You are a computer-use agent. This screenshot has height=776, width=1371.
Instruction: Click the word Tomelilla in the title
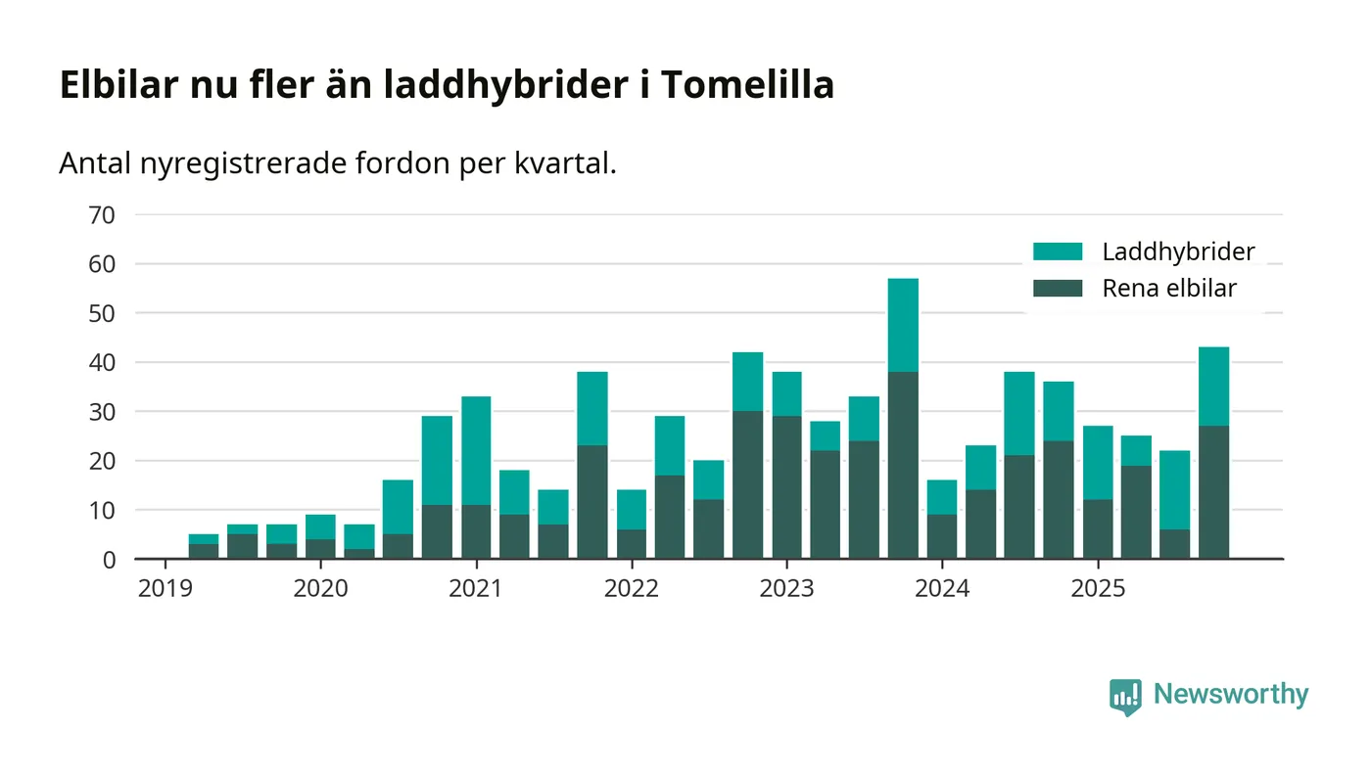[746, 85]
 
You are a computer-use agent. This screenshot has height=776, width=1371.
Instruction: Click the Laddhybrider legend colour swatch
[1058, 251]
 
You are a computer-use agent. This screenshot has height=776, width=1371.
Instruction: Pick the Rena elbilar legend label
[1169, 289]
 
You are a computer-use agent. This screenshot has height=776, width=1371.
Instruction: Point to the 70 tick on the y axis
[102, 214]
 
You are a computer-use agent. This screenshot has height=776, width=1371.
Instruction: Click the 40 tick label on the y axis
[102, 362]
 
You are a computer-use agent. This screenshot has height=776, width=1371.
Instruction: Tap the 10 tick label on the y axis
[102, 510]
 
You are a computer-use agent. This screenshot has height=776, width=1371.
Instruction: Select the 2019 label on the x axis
[165, 589]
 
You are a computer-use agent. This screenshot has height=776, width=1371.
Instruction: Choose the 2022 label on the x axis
[632, 589]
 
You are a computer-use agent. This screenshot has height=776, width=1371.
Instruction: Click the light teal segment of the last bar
[1213, 387]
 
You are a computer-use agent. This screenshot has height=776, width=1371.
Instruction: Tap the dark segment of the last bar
[1213, 492]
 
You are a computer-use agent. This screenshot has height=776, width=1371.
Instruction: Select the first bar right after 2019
[204, 546]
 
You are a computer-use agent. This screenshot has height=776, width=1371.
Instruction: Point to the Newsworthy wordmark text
[1230, 695]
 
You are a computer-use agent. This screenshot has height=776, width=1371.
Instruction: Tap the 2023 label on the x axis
[786, 589]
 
